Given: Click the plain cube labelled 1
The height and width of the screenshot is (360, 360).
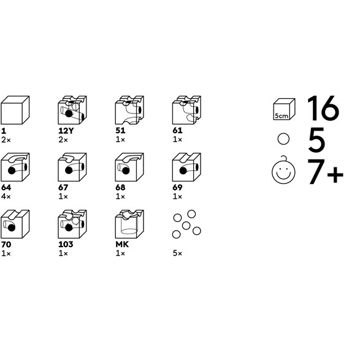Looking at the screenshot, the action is point(15,110).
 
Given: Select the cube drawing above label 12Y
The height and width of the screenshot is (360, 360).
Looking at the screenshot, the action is point(72,110).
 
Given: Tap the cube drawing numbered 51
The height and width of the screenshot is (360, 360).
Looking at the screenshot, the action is point(129,110).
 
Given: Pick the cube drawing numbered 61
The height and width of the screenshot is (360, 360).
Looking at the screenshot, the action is point(186,110).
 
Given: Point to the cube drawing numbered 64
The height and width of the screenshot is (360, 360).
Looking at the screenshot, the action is point(15,167).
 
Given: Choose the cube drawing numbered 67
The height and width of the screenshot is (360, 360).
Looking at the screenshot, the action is point(72,167).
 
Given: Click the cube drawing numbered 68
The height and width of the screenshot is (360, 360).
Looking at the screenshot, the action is point(129,167).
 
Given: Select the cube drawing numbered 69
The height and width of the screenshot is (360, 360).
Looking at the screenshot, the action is point(186,167).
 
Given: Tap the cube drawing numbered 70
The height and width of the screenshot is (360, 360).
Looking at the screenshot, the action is point(15,224).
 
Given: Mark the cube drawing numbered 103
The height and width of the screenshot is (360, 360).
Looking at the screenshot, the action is point(72,224).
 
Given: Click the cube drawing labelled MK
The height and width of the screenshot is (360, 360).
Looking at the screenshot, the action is point(129,224).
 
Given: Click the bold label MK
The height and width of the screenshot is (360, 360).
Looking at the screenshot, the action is point(122,244).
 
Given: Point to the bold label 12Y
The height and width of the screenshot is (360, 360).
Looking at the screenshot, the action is point(66,131).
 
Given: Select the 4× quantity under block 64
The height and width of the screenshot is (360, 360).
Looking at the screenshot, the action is point(6,196).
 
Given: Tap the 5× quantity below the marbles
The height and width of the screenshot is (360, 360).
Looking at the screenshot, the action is point(177,253).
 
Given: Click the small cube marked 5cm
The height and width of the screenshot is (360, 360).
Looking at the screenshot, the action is point(284,109).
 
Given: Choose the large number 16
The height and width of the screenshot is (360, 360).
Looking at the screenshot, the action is point(323,108).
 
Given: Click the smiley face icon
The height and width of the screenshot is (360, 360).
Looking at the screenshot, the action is point(283,171).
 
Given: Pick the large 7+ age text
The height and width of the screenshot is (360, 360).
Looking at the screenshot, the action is point(325,172).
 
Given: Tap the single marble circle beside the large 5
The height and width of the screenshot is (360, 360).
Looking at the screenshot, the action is point(283,139).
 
